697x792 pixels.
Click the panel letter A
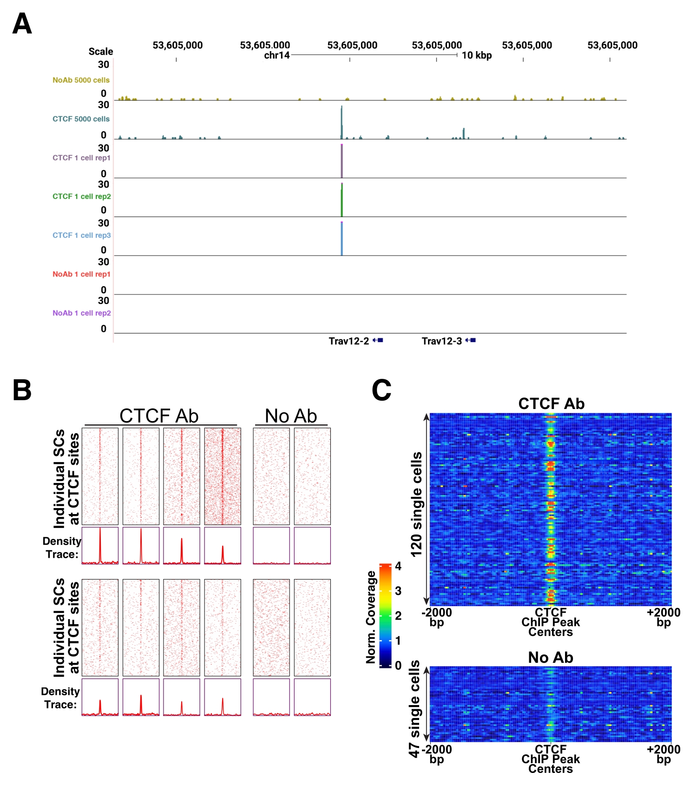pyautogui.click(x=22, y=24)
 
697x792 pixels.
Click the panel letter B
pyautogui.click(x=22, y=390)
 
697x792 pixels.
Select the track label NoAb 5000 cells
pyautogui.click(x=81, y=80)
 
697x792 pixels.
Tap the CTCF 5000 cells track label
pyautogui.click(x=81, y=119)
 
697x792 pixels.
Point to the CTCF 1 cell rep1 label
pyautogui.click(x=81, y=158)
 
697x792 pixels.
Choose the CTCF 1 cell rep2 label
pyautogui.click(x=81, y=197)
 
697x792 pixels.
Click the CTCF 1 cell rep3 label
pyautogui.click(x=81, y=236)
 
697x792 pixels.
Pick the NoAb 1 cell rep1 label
pyautogui.click(x=81, y=274)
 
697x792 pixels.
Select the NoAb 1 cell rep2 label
pyautogui.click(x=81, y=313)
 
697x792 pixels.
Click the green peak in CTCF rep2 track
pyautogui.click(x=342, y=201)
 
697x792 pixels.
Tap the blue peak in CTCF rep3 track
pyautogui.click(x=342, y=239)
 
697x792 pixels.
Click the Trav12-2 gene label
pyautogui.click(x=348, y=341)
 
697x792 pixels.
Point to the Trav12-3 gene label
pyautogui.click(x=441, y=341)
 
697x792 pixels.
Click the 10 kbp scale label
pyautogui.click(x=477, y=55)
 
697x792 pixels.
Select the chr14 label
pyautogui.click(x=276, y=55)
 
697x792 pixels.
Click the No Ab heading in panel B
pyautogui.click(x=291, y=416)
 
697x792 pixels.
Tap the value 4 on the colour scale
pyautogui.click(x=398, y=566)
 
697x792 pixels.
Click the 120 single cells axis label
pyautogui.click(x=416, y=504)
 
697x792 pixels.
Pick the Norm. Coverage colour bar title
pyautogui.click(x=370, y=617)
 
